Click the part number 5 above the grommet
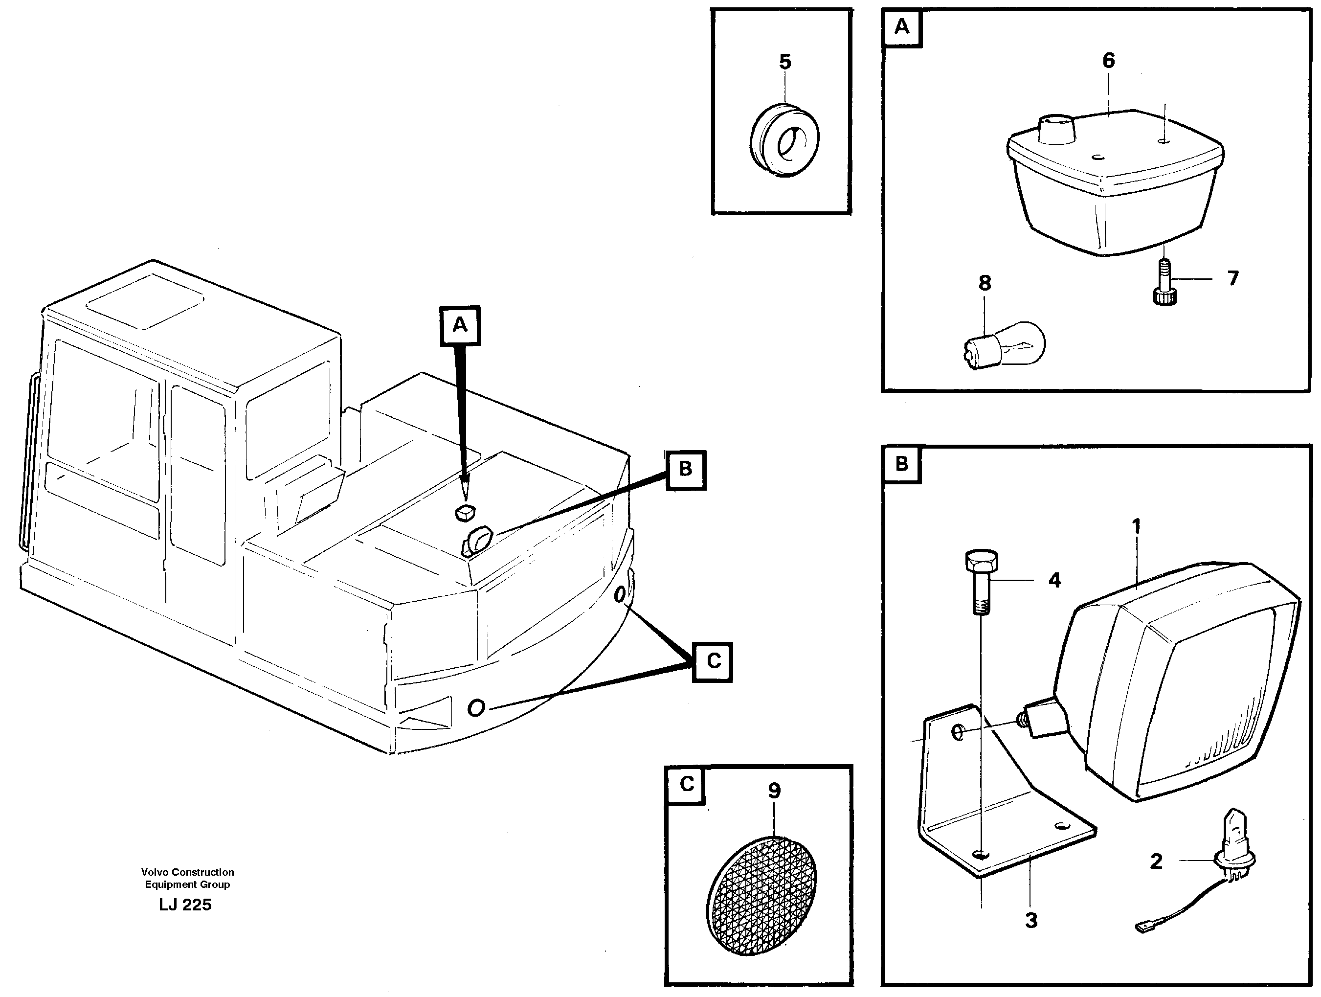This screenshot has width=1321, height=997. pos(784,62)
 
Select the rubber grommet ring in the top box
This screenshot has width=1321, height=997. pos(784,141)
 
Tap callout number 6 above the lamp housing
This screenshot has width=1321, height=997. pos(1108,60)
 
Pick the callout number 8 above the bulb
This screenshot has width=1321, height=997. pos(985,283)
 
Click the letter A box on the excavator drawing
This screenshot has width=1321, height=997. pos(460,325)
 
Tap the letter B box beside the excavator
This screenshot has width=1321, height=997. pos(686,470)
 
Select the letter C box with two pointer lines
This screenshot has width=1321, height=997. pos(713,661)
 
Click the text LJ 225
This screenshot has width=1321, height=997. pos(185,905)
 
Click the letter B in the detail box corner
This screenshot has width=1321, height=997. pos(901,464)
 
